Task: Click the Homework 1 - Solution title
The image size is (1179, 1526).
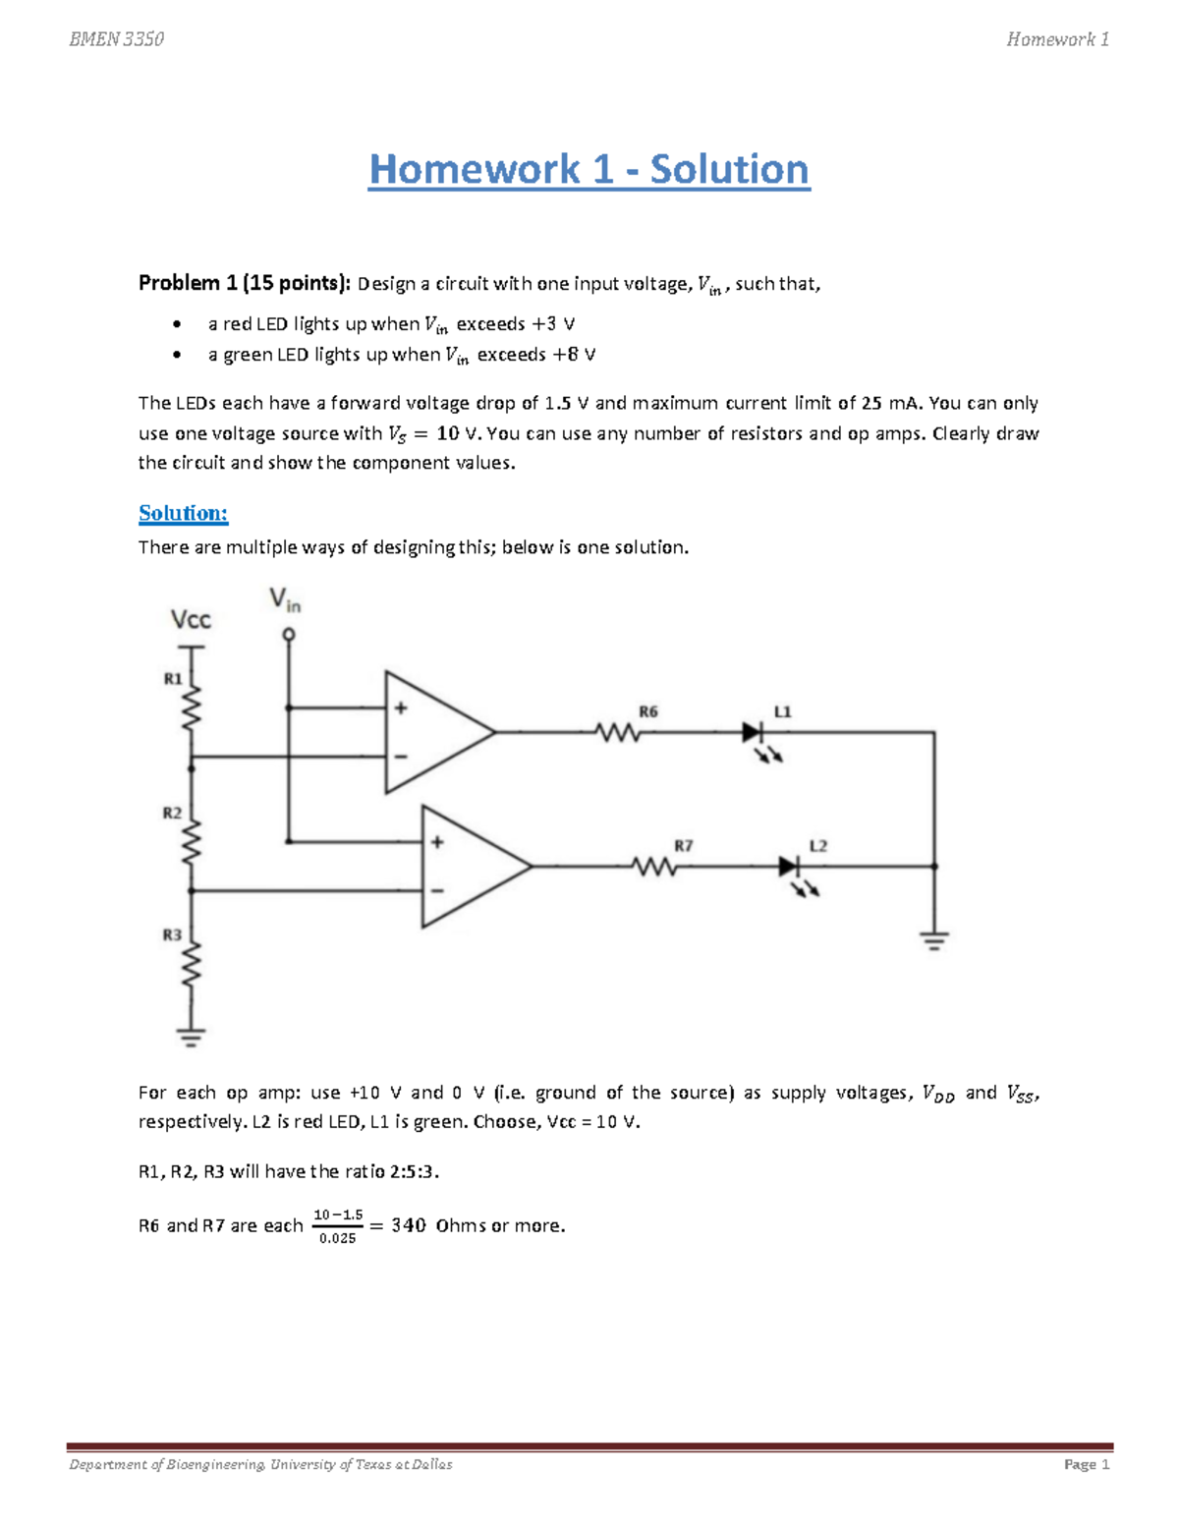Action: click(x=589, y=170)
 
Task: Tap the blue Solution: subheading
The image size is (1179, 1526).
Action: click(x=183, y=513)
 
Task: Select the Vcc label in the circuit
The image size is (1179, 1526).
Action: click(x=191, y=620)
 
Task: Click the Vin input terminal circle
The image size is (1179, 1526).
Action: click(x=289, y=635)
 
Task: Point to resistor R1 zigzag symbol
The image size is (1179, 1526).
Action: click(x=192, y=706)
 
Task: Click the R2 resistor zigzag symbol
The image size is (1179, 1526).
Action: click(x=192, y=840)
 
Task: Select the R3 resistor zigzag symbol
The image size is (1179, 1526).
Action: click(x=192, y=963)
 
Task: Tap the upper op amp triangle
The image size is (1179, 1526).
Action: click(x=432, y=732)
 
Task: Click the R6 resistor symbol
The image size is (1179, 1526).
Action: click(x=617, y=732)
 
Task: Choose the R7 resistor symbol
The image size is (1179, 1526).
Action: click(x=653, y=867)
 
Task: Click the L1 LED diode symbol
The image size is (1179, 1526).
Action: click(x=753, y=732)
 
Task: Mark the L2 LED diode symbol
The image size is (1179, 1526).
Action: click(x=789, y=867)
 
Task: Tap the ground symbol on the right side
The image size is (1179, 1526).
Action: click(x=934, y=941)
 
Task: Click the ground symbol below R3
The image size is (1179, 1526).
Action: click(x=192, y=1036)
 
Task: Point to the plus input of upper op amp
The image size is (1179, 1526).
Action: click(x=401, y=707)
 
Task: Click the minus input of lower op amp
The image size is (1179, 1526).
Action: click(x=437, y=891)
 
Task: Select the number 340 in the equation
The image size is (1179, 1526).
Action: click(x=409, y=1225)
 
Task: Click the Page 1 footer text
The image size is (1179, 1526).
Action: click(x=1086, y=1464)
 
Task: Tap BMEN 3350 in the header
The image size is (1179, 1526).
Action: click(x=116, y=39)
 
